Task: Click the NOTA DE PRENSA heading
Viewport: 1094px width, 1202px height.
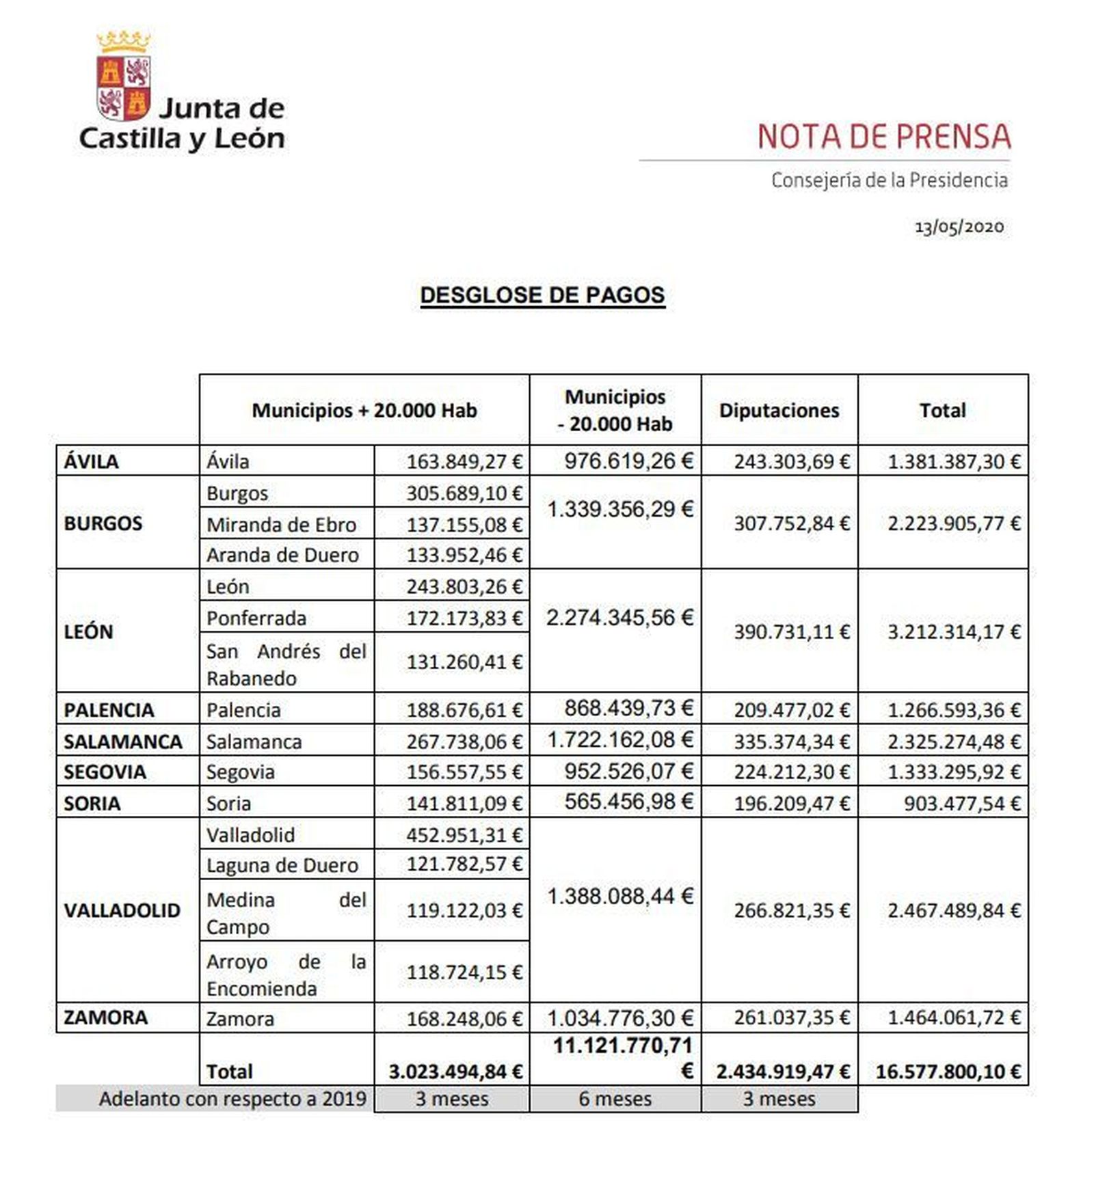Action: [x=883, y=137]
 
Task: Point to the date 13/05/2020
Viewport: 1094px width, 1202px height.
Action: [x=959, y=228]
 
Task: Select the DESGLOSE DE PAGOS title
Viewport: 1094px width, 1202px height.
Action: [x=542, y=295]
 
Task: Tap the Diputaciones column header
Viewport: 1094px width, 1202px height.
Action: [x=779, y=411]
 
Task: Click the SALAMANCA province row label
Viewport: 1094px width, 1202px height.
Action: [x=123, y=741]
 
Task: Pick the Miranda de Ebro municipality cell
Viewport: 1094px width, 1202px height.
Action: [x=281, y=525]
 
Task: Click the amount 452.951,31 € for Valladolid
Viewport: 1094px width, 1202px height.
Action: [x=464, y=835]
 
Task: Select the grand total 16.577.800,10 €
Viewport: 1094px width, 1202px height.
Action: [x=948, y=1071]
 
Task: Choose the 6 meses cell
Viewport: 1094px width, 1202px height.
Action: [x=615, y=1099]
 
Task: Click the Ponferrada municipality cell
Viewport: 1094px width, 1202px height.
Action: [x=256, y=618]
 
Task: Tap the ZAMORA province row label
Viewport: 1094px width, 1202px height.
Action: [x=106, y=1017]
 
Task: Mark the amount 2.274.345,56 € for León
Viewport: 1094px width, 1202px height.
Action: [x=619, y=618]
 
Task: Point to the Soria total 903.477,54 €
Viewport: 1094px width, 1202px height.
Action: [x=962, y=804]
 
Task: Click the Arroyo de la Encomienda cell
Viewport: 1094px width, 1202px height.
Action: [x=286, y=975]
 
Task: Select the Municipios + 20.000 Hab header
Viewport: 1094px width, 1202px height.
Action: [x=364, y=411]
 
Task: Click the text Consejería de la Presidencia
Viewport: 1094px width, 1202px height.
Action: [x=889, y=180]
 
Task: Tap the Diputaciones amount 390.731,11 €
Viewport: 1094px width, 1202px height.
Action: [x=792, y=632]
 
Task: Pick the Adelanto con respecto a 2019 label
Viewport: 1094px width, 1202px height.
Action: [x=232, y=1099]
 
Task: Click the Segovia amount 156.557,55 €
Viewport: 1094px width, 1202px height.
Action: [x=464, y=772]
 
